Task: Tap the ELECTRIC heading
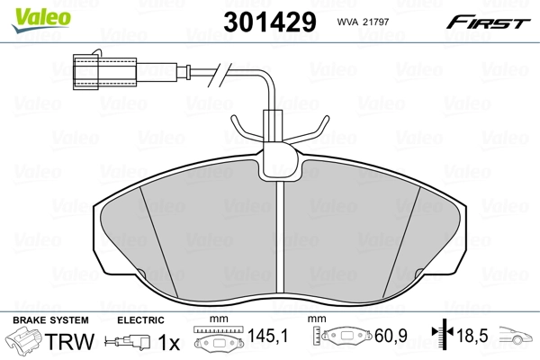[140, 320]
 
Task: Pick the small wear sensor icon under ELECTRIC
[128, 343]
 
